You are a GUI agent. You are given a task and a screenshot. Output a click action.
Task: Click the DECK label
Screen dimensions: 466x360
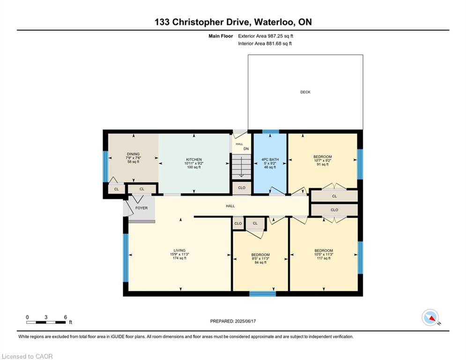coord(305,92)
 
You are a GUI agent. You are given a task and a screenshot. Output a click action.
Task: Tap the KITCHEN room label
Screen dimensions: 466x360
coord(194,160)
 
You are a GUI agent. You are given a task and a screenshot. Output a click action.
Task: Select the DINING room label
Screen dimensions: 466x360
coord(133,154)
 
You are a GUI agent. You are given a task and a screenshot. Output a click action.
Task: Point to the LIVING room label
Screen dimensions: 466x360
coord(179,250)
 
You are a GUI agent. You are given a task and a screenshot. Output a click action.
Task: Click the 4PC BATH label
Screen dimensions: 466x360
coord(270,160)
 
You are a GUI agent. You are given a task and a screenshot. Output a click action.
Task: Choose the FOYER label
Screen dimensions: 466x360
coord(141,208)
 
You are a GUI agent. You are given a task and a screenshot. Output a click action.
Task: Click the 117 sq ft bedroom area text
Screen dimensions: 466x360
coord(324,258)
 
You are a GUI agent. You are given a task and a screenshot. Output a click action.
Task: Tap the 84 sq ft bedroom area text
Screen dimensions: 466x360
coord(260,262)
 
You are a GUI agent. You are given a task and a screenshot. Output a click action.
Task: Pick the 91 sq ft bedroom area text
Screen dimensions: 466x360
coord(323,164)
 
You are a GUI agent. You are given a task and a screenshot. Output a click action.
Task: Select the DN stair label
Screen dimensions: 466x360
coord(246,149)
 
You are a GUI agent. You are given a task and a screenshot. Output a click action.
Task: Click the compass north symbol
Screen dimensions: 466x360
coord(430,317)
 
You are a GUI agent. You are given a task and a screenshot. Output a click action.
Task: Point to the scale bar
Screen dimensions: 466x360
coord(46,322)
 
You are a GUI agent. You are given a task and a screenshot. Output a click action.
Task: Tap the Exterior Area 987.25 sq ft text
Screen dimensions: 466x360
coord(266,36)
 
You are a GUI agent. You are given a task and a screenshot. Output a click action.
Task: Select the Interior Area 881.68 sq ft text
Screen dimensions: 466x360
coord(265,44)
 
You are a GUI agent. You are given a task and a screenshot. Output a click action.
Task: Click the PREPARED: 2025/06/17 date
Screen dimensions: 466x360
coord(233,321)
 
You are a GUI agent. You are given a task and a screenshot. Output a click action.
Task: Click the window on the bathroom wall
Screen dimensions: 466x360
coord(270,132)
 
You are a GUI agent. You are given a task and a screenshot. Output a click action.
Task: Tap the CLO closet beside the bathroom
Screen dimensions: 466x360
coord(242,188)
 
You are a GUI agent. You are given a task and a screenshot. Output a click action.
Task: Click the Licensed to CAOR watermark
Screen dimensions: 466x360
coord(27,356)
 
